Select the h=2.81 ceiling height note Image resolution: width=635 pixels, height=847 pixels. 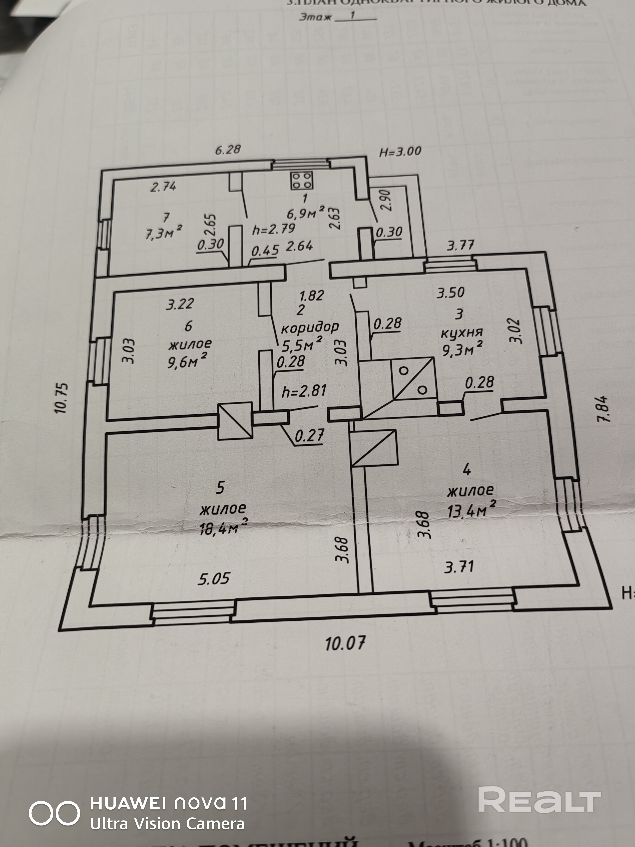point(304,391)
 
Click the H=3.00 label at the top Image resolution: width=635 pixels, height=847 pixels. point(400,152)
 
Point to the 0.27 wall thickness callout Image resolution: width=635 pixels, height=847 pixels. point(309,435)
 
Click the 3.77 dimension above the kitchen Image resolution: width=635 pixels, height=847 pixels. point(461,245)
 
